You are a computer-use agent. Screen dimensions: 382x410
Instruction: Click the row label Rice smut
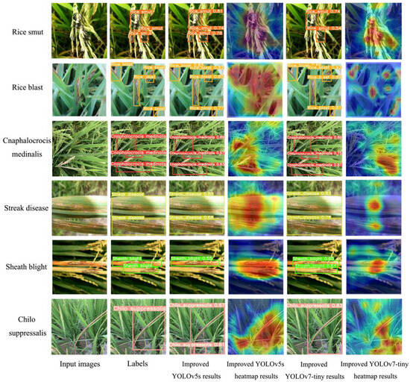click(24, 32)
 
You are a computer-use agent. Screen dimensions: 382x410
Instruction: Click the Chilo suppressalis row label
click(24, 326)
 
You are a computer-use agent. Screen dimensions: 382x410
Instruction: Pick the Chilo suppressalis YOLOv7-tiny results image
click(314, 327)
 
